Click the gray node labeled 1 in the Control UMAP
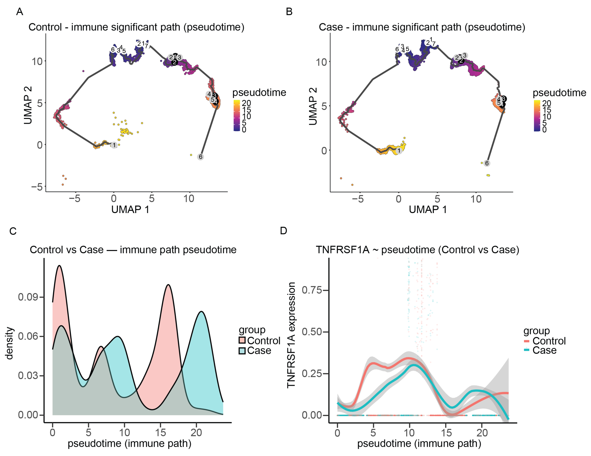tap(114, 145)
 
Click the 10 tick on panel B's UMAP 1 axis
tap(476, 199)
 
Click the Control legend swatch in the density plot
tap(242, 340)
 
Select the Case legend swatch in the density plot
tap(242, 351)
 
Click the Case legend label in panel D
tap(544, 350)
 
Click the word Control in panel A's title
tap(45, 27)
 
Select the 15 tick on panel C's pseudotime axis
tap(160, 432)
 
